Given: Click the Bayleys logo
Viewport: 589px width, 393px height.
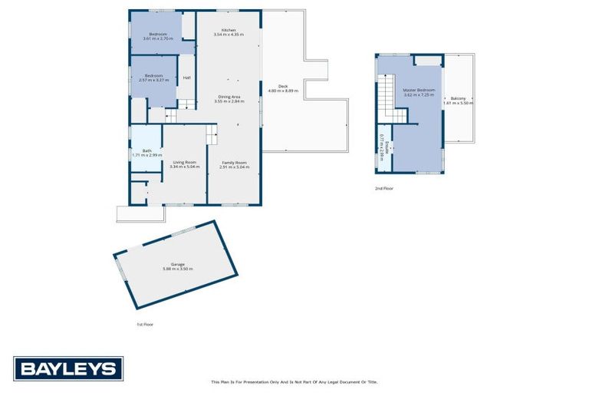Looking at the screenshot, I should pos(68,368).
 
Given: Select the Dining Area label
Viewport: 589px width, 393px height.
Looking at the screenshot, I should pos(229,96).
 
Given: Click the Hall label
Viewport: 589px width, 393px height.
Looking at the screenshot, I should pos(186,78).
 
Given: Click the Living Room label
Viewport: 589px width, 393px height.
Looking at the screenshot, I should pos(184,161).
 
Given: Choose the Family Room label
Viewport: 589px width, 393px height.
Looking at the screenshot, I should pos(234,162).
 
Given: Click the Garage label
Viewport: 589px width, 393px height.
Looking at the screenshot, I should pos(166,263).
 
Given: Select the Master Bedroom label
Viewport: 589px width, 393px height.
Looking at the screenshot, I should pos(419,90).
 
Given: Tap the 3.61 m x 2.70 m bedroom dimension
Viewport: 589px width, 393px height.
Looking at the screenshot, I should pos(158,39).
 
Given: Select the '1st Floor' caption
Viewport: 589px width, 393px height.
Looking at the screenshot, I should pos(145,325).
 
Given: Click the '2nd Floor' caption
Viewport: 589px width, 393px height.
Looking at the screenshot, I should pos(383,188).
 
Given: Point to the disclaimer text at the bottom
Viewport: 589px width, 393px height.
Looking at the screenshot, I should pos(294,381).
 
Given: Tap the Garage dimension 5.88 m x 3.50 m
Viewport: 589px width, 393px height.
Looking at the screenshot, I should pos(178,269).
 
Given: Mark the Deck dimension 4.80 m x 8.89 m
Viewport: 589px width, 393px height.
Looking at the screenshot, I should pos(283,91).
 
